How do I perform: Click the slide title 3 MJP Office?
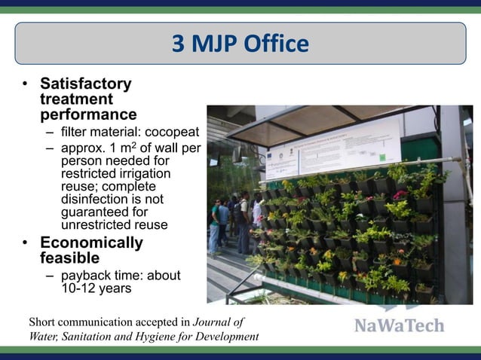tap(240, 44)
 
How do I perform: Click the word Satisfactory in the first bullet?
tap(85, 84)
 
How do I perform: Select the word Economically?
tap(90, 243)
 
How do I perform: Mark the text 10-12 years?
tap(97, 288)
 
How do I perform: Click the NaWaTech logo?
tap(400, 325)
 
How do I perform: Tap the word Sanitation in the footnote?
tap(89, 336)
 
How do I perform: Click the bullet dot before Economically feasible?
tap(26, 243)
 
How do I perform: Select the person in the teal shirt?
tap(223, 218)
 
